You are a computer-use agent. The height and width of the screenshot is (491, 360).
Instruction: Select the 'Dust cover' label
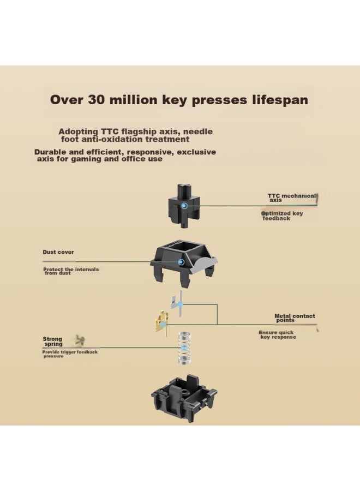[x=58, y=252]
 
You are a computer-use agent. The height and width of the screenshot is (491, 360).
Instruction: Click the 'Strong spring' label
[x=52, y=342]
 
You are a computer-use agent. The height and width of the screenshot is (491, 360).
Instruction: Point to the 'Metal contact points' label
[x=295, y=318]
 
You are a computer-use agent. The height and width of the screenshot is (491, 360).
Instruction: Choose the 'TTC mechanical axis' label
[x=292, y=197]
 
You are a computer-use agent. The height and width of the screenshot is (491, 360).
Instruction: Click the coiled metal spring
[x=184, y=348]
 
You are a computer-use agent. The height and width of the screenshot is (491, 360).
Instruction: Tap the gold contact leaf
[x=161, y=322]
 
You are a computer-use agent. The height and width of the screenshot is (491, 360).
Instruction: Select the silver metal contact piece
[x=177, y=303]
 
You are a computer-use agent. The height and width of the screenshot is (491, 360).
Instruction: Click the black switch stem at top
[x=184, y=206]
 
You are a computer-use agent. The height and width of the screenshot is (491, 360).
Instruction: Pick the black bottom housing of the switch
[x=184, y=398]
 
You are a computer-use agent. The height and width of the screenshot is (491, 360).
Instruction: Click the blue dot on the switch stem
[x=184, y=206]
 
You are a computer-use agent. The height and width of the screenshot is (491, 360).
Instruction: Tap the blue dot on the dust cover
[x=181, y=262]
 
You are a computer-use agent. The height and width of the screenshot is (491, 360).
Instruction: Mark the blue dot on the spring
[x=184, y=348]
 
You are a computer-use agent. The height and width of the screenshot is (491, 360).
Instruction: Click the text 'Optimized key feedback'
[x=282, y=215]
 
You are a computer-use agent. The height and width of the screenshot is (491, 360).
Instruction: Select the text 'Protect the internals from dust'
[x=71, y=271]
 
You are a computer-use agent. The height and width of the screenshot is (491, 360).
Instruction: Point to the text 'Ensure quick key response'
[x=277, y=335]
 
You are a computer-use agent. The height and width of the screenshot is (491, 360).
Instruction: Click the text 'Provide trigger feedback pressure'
[x=70, y=354]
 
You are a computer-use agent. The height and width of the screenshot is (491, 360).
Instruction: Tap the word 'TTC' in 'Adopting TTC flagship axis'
[x=109, y=131]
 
